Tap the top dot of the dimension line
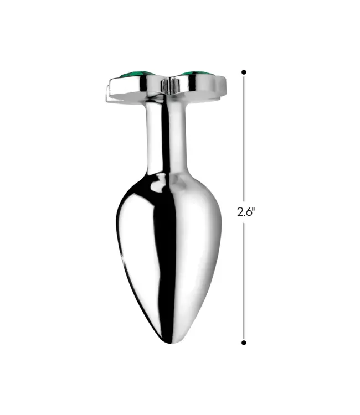(x=244, y=72)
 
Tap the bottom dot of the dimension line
(x=244, y=343)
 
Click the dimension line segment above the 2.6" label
(x=244, y=138)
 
